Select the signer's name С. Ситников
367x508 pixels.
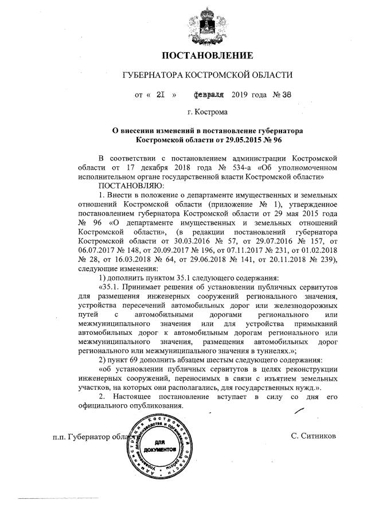tap(313, 436)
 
